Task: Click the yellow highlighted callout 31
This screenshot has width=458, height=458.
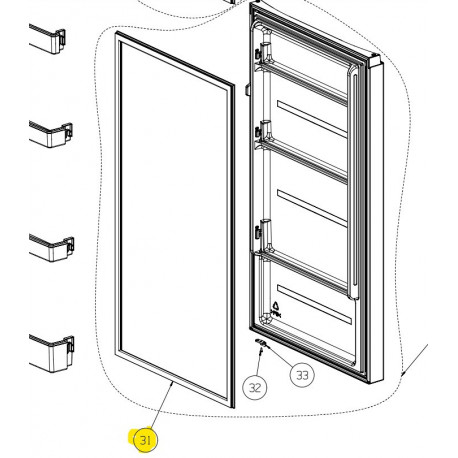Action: [146, 439]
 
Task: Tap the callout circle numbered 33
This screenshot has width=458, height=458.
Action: [300, 375]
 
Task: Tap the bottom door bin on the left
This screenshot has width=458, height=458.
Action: [50, 351]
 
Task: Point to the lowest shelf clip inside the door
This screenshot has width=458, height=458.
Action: [266, 232]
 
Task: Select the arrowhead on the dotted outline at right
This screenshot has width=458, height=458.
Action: [403, 373]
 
